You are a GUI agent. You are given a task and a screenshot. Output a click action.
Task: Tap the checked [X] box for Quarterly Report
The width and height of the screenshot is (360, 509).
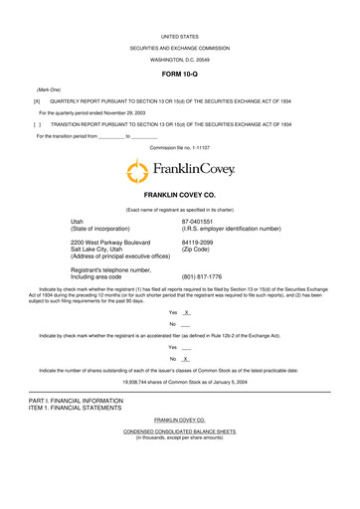[37, 101]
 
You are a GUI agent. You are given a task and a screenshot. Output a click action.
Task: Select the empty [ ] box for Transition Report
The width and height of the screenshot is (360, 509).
[37, 125]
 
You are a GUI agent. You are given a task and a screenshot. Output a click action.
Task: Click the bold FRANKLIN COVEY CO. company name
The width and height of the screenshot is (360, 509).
[179, 197]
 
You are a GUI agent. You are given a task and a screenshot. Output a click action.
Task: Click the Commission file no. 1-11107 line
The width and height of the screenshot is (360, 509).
[179, 147]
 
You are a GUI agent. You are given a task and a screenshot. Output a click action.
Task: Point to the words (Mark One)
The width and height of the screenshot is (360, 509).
[49, 89]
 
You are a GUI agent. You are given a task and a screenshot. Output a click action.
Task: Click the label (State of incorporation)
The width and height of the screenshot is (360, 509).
[111, 229]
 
